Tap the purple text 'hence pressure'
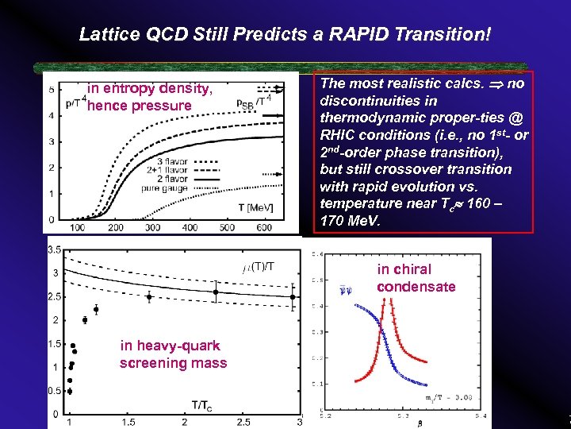pyautogui.click(x=140, y=106)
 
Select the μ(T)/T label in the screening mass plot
pyautogui.click(x=259, y=265)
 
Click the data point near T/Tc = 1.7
pyautogui.click(x=150, y=297)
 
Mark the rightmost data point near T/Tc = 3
pyautogui.click(x=293, y=297)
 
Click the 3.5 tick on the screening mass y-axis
pyautogui.click(x=55, y=249)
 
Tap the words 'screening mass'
pyautogui.click(x=173, y=363)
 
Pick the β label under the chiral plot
pyautogui.click(x=420, y=423)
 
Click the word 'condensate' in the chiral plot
pyautogui.click(x=416, y=286)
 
